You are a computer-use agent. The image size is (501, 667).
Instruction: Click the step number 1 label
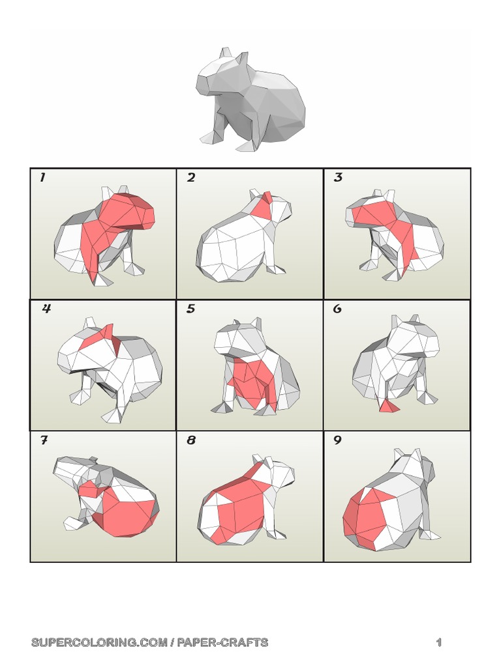point(42,178)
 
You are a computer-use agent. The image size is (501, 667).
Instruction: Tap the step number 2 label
point(190,178)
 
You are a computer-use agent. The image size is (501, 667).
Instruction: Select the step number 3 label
point(338,178)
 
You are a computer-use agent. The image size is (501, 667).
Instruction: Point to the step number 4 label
point(46,309)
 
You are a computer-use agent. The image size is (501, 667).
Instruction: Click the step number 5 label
point(190,309)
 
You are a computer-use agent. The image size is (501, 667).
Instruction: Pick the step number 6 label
point(337,309)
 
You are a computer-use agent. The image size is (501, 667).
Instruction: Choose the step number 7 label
point(44,441)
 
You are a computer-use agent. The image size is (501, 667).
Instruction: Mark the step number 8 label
point(191,441)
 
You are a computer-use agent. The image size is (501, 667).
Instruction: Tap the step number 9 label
point(337,441)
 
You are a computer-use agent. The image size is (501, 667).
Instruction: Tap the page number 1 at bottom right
point(439,643)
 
